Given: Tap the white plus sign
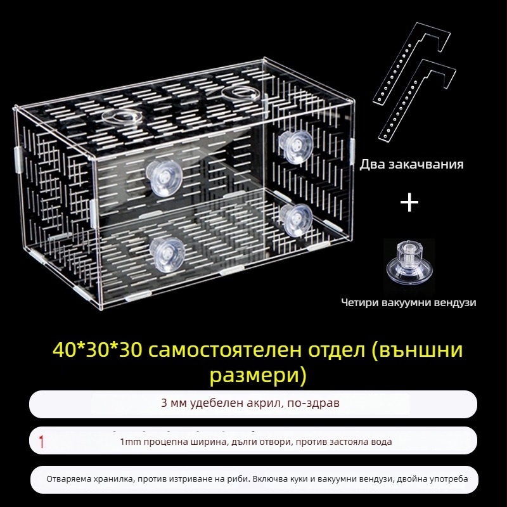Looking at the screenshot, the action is coord(409,203).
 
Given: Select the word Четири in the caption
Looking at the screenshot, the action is coord(360,303).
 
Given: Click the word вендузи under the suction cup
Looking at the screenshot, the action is coord(454,303).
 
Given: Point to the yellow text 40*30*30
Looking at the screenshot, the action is coord(97,350).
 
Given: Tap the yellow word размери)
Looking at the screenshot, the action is coord(258,376).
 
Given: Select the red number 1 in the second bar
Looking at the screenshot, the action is coord(41,442).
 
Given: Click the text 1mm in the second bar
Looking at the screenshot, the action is coord(131,442).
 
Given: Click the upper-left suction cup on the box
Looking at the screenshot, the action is coord(164,178).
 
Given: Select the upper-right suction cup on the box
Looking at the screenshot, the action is coord(295,147).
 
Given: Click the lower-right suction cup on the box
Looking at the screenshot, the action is coord(296,220).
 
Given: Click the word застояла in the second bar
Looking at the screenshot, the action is coord(350,442).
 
